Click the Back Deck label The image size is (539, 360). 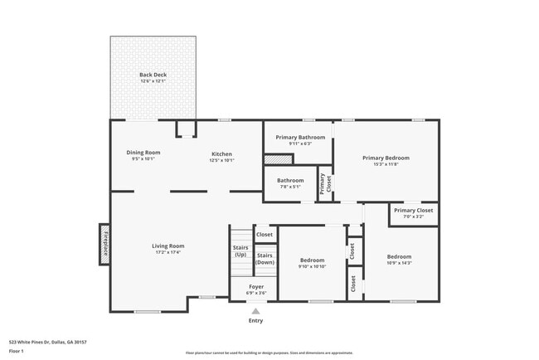pyautogui.click(x=153, y=75)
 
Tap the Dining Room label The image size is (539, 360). pyautogui.click(x=143, y=153)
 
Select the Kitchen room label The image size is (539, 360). pyautogui.click(x=221, y=154)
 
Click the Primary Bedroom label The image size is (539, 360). pyautogui.click(x=386, y=158)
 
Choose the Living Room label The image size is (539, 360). pyautogui.click(x=168, y=246)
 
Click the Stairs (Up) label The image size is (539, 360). pyautogui.click(x=240, y=251)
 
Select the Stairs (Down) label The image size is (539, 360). pyautogui.click(x=265, y=258)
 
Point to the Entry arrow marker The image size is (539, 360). pyautogui.click(x=255, y=311)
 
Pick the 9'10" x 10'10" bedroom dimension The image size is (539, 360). pyautogui.click(x=312, y=266)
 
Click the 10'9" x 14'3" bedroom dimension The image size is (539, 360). pyautogui.click(x=399, y=263)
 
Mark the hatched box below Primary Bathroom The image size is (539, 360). pyautogui.click(x=274, y=159)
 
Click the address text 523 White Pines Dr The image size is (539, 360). pyautogui.click(x=48, y=341)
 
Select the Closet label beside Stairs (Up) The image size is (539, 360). pyautogui.click(x=265, y=235)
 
